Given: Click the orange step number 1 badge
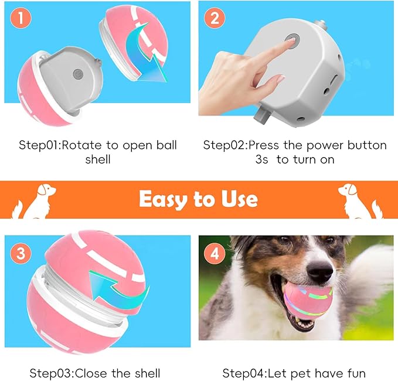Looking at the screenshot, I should click(x=20, y=19).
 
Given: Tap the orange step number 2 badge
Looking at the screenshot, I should click(x=215, y=18).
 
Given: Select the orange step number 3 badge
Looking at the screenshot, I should click(x=21, y=254).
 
